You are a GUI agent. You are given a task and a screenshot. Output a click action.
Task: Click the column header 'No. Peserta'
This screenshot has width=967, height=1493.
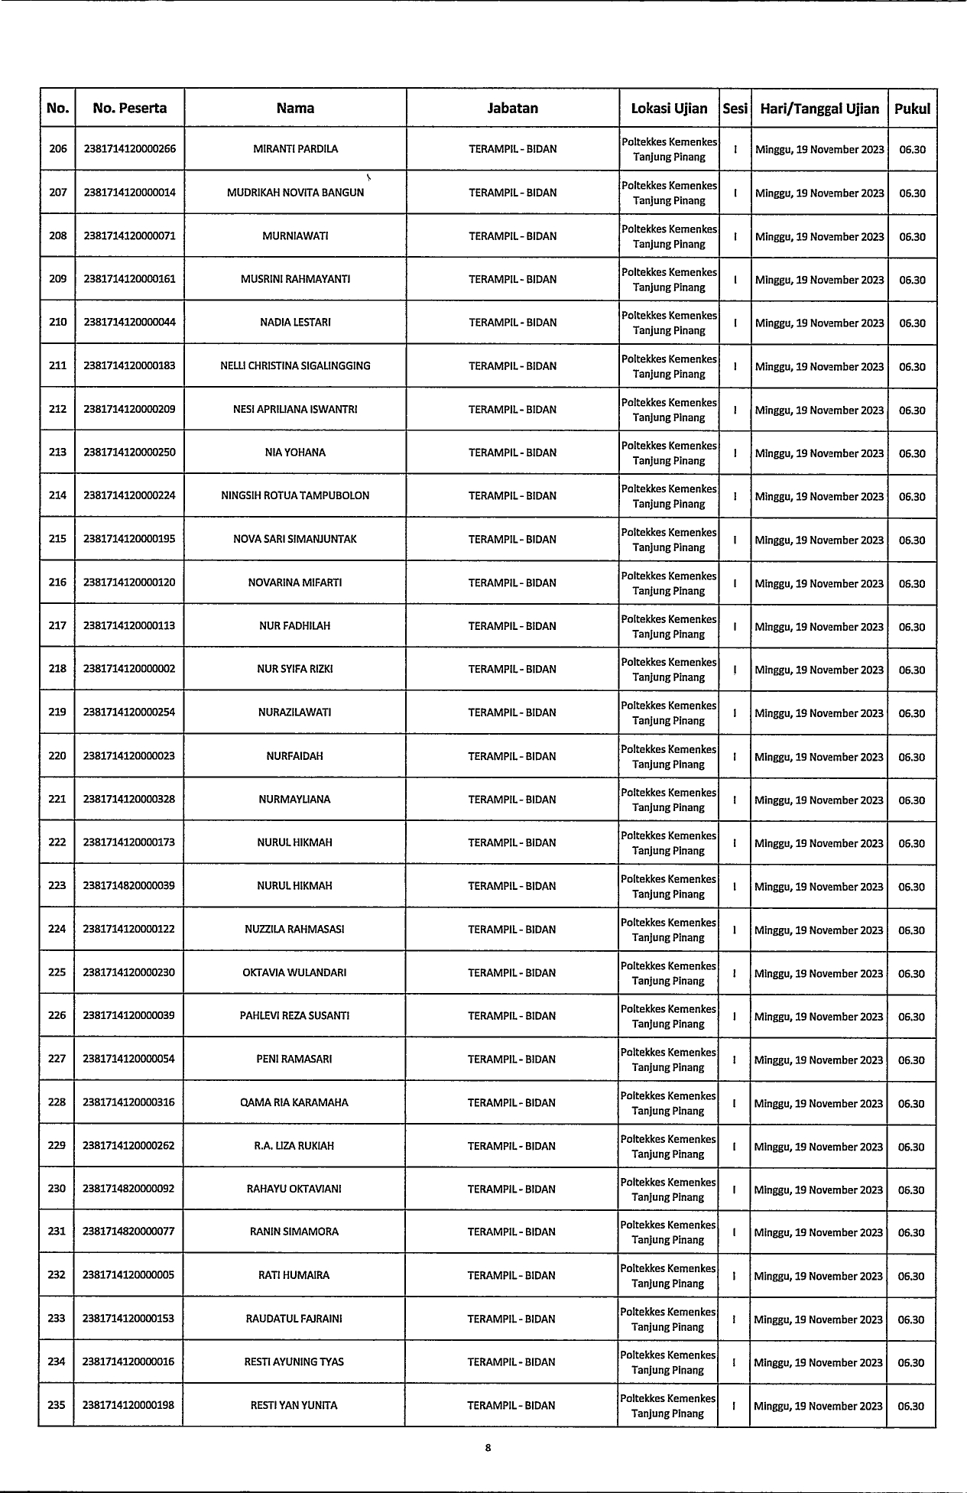[129, 108]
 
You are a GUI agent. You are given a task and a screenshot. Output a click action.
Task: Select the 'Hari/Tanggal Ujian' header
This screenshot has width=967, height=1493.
[819, 109]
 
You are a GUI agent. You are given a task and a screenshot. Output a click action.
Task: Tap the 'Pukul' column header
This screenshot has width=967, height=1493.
[912, 109]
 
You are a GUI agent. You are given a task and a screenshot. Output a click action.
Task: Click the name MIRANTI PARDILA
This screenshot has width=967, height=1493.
[295, 149]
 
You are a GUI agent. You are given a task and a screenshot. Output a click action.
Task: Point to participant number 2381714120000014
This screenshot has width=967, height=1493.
[129, 193]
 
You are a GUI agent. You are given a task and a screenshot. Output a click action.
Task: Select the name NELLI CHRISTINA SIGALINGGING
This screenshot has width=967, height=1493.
[295, 366]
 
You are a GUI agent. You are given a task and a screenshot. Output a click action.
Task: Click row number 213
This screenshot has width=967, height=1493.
[57, 453]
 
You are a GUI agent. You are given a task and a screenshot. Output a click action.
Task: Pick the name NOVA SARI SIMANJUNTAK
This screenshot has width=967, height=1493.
[295, 539]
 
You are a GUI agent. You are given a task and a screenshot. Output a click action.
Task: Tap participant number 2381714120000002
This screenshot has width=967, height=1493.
[129, 669]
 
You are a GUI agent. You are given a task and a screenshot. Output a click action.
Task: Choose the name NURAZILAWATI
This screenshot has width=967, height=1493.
[295, 712]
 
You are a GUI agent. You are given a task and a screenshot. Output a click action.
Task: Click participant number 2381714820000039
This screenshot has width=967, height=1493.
[129, 886]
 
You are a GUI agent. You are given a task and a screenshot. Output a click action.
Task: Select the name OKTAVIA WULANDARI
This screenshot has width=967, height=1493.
[294, 972]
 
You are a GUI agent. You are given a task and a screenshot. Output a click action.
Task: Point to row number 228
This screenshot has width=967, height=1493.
[57, 1102]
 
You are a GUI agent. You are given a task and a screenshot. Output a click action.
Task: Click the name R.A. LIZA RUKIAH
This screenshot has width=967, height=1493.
[294, 1146]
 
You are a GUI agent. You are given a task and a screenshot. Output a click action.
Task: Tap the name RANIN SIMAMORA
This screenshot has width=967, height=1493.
[294, 1232]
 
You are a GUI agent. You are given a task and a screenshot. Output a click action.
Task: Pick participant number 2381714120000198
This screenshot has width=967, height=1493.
[128, 1405]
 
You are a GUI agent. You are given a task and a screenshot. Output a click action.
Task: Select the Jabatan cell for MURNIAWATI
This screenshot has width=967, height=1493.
[512, 236]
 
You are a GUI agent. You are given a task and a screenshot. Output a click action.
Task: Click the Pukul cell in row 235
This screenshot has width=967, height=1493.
[911, 1406]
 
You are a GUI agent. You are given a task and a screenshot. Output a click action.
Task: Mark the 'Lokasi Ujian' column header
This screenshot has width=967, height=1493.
[669, 109]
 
